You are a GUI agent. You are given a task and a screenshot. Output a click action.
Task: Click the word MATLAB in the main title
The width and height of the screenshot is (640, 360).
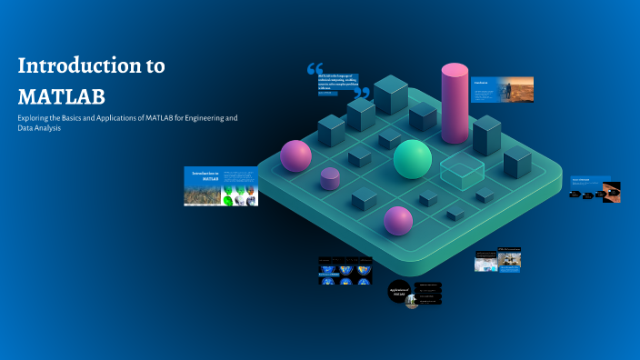coord(62,95)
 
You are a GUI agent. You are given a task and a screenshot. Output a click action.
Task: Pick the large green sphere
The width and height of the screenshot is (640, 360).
coord(413,159)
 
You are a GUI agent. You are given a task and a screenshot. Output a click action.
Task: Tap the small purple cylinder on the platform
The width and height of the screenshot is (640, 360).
coord(330,178)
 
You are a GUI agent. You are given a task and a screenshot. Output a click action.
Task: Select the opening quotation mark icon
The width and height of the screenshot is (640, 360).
coord(315,69)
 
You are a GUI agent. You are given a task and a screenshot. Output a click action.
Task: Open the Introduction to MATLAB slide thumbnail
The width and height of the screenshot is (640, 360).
coord(222,186)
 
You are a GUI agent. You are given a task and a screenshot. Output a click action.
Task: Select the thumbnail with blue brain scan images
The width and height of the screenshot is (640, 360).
coord(345,271)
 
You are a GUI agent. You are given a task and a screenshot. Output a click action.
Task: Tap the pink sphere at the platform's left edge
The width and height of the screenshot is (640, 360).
coord(296,155)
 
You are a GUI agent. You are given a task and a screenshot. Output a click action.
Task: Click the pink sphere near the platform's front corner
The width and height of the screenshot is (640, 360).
coord(398,220)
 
